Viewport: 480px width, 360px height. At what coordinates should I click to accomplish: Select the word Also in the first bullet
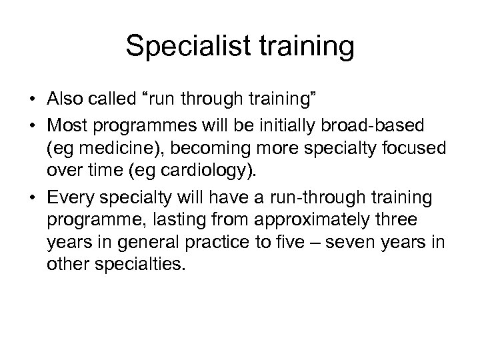63,99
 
